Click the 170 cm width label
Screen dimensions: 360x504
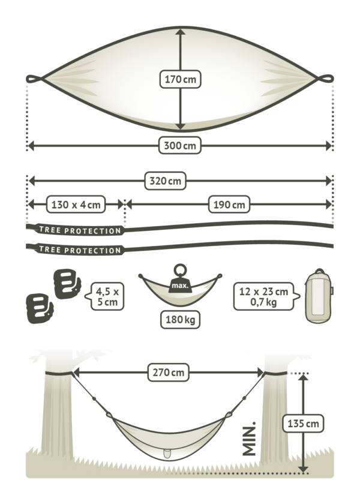click(181, 79)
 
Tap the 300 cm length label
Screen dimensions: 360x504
click(180, 146)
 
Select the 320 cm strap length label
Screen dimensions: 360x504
click(166, 181)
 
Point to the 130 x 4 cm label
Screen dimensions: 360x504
click(76, 205)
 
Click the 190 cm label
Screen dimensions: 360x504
click(229, 205)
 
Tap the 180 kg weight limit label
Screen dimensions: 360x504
click(181, 320)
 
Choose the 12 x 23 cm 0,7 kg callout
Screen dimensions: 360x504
click(266, 296)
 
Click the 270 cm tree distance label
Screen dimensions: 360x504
click(169, 373)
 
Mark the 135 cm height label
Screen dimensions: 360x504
click(303, 424)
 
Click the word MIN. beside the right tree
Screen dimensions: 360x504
click(250, 439)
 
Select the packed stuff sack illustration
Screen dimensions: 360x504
click(319, 295)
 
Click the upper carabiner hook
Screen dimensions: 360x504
click(67, 283)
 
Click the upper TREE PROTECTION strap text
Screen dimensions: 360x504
click(80, 230)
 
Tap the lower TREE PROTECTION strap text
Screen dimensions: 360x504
click(80, 250)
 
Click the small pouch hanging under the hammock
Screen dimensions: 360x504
click(166, 454)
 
